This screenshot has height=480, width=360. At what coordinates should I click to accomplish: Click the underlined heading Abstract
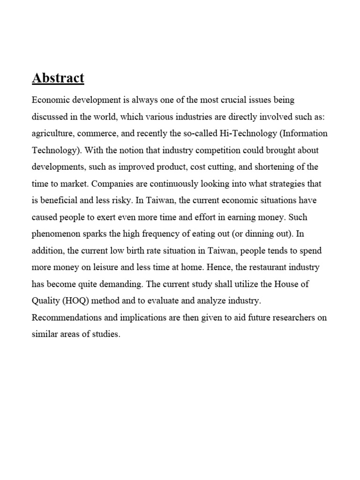58,78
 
